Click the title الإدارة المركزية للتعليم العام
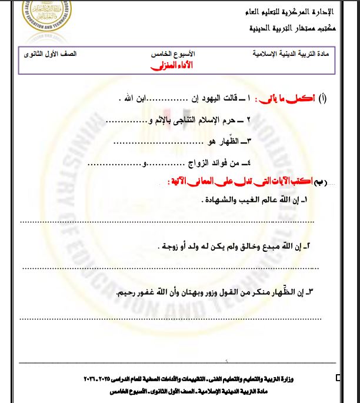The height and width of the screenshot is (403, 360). [291, 12]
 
